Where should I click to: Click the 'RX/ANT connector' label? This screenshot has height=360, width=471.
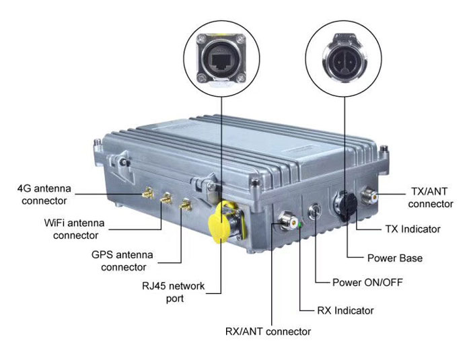[268, 331]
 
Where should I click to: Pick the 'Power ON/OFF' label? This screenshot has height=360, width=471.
[368, 281]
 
